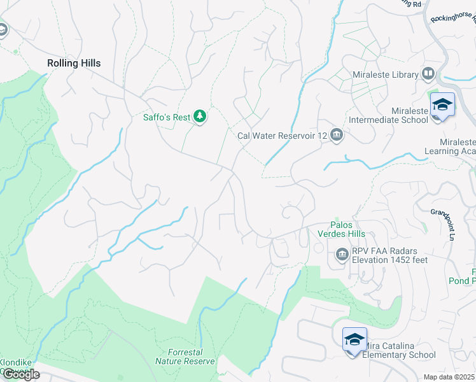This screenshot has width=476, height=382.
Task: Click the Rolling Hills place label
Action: click(74, 63)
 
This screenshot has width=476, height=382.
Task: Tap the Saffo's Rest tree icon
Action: click(200, 117)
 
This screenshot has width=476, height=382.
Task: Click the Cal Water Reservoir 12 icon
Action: click(337, 135)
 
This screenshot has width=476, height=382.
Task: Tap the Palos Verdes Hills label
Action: click(348, 229)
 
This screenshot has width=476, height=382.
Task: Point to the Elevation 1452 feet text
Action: click(390, 260)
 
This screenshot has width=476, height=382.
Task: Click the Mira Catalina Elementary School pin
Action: click(354, 339)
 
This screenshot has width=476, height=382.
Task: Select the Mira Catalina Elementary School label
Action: click(399, 351)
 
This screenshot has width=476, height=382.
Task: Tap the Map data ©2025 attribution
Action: click(449, 377)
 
